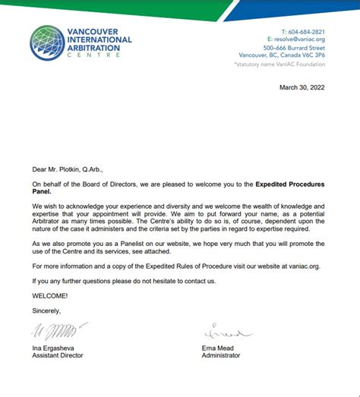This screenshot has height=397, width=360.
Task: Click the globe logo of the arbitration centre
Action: click(x=47, y=43)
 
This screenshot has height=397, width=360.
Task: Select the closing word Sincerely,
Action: click(x=46, y=310)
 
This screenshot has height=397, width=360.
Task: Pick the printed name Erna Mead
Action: click(x=220, y=347)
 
